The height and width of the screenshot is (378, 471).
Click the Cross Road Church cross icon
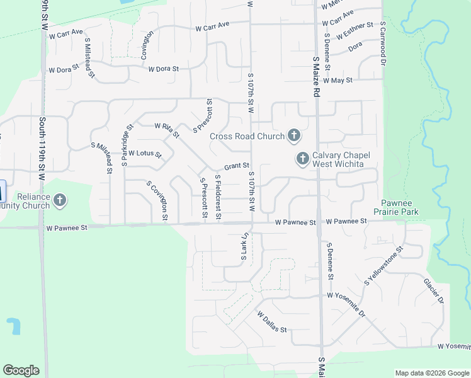coord(293,135)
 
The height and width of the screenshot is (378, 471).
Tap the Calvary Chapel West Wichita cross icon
coord(303,159)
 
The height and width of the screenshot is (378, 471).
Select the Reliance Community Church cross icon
coord(60,201)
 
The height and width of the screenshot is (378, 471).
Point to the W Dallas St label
coord(271,321)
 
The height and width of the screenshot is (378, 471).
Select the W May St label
coord(338,81)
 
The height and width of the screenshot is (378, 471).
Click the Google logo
coord(21,370)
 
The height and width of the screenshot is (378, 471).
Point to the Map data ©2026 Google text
coord(432,373)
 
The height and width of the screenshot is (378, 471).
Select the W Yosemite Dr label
coord(346,303)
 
